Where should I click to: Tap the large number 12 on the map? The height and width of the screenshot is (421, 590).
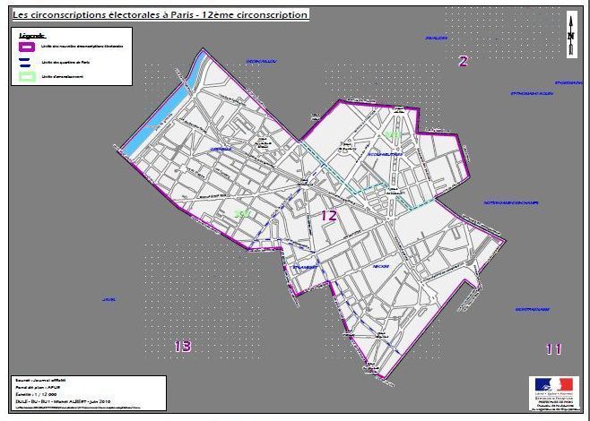[329, 215]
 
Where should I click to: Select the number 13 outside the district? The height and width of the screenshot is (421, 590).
[183, 346]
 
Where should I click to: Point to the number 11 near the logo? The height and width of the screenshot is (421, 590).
[553, 348]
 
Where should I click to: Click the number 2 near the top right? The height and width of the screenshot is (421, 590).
[463, 61]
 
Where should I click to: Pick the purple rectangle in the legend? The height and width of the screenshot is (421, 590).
[27, 45]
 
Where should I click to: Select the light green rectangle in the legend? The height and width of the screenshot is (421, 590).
[27, 76]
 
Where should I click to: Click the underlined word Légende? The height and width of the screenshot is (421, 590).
[31, 34]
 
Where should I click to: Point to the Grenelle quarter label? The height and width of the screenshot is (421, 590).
[221, 149]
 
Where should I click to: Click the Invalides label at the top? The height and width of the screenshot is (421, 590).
[436, 39]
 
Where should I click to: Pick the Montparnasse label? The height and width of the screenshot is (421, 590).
[532, 310]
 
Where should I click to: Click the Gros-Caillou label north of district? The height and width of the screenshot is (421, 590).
[261, 61]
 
